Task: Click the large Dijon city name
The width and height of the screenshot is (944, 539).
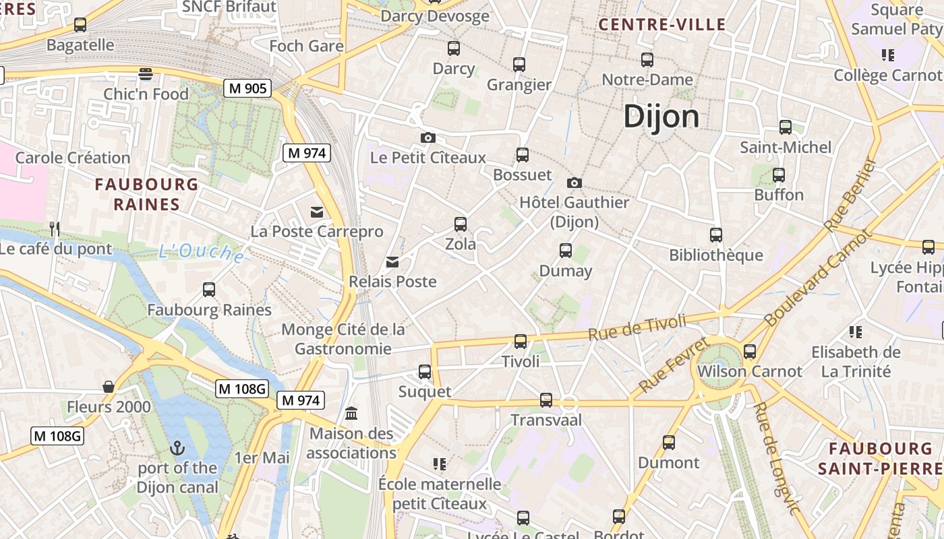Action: [661, 117]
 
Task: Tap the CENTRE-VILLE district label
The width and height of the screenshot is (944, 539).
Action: [662, 25]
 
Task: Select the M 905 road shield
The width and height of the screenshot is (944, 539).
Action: [248, 88]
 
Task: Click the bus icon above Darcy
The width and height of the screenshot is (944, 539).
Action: [454, 49]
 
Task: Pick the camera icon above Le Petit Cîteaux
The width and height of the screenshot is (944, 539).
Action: [427, 138]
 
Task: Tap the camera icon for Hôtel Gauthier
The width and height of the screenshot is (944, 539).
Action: [574, 183]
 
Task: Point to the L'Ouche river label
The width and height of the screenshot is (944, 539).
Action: [201, 253]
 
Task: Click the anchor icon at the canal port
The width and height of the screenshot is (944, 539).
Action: [177, 447]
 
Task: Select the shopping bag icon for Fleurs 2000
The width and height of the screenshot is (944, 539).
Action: [108, 387]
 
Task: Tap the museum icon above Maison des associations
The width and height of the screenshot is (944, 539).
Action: [351, 413]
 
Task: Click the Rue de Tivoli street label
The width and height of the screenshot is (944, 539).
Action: [637, 327]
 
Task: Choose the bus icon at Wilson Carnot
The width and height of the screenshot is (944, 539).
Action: [749, 351]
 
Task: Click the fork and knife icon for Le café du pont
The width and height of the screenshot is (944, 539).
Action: [55, 229]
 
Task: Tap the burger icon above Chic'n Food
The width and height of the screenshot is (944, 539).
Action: [146, 73]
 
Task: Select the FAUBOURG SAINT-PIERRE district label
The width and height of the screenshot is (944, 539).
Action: [881, 458]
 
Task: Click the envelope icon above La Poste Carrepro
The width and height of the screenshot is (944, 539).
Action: [316, 212]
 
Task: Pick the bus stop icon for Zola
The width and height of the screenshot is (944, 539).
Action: [461, 224]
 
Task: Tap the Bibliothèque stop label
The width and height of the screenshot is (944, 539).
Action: [715, 255]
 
